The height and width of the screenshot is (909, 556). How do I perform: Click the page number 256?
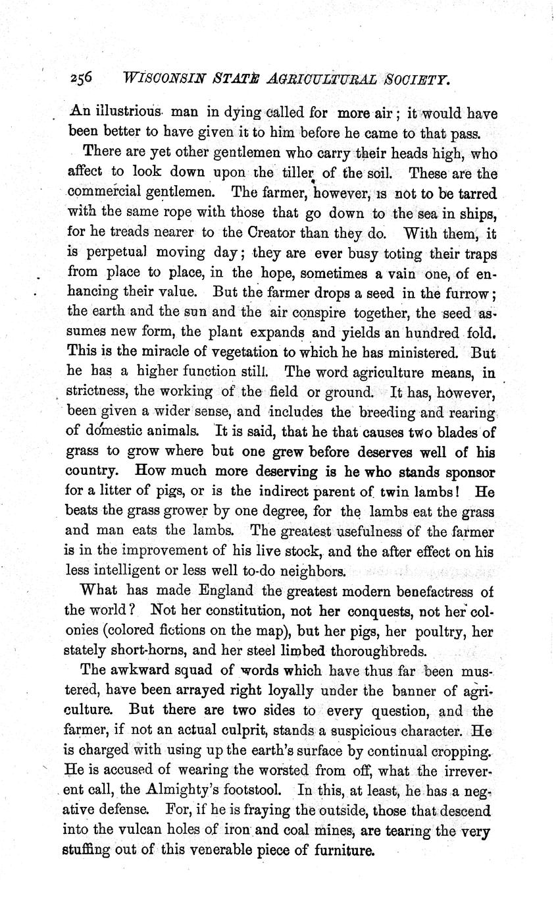coord(82,78)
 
